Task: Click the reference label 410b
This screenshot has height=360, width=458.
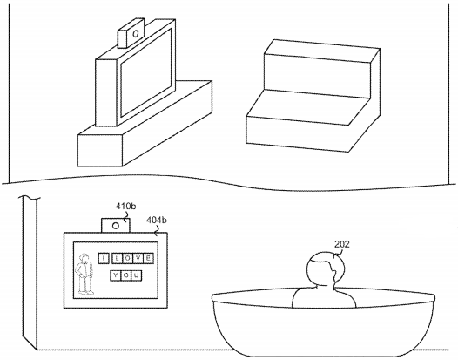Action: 125,207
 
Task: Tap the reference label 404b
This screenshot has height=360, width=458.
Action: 157,220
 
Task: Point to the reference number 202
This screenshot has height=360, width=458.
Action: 341,244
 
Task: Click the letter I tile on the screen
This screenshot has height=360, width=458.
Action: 104,258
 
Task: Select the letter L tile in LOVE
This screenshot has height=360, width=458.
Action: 118,258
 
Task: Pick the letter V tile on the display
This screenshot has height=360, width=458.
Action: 138,258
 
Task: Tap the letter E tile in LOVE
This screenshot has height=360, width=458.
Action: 148,258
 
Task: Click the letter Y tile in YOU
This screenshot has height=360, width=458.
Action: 116,275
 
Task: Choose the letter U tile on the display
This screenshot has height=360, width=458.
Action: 137,275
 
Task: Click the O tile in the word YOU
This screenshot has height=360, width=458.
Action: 126,275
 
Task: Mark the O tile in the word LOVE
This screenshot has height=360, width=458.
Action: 127,258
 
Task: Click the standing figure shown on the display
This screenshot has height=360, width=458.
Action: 84,274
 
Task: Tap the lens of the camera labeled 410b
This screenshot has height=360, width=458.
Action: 116,226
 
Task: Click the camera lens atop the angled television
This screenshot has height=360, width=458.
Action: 135,34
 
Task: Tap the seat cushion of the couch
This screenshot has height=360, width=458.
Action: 307,107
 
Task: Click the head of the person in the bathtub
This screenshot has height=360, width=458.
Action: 326,268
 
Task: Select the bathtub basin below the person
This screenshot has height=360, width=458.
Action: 323,323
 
